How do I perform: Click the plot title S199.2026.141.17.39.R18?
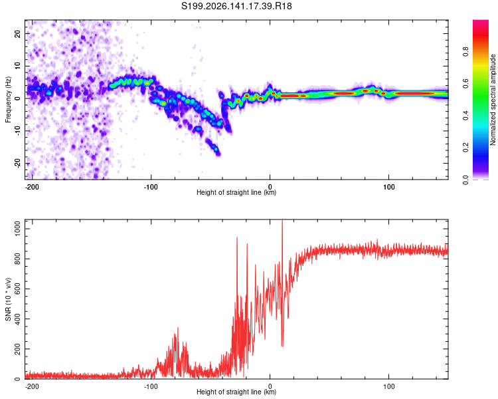click(x=236, y=6)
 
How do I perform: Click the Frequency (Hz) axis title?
click(x=8, y=100)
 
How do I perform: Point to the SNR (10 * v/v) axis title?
click(x=8, y=299)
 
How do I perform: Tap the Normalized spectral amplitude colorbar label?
click(x=493, y=100)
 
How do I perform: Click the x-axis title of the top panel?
click(x=236, y=192)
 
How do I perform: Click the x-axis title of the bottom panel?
click(x=236, y=392)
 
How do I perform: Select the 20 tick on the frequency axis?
click(x=17, y=33)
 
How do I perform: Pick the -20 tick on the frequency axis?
click(x=17, y=163)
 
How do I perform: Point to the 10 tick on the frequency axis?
click(x=17, y=66)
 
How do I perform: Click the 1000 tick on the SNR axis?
click(x=17, y=229)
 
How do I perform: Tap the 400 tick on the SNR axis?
click(x=17, y=319)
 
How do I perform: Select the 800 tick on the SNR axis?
click(x=17, y=259)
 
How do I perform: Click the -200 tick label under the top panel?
click(x=32, y=187)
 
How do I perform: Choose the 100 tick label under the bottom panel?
click(x=388, y=386)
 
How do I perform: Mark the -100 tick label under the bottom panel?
click(x=151, y=386)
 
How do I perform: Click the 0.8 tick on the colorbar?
click(x=465, y=52)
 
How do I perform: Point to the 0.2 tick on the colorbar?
click(x=465, y=148)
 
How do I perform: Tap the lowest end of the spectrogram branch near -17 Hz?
click(x=218, y=155)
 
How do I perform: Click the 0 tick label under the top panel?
click(x=270, y=187)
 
